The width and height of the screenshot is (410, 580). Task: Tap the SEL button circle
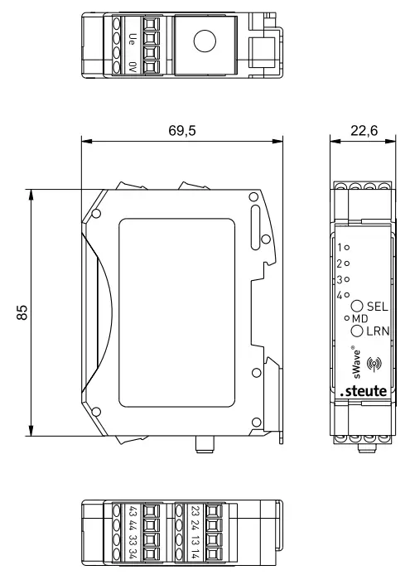point(357,306)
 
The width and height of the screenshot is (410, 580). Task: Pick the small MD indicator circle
point(346,318)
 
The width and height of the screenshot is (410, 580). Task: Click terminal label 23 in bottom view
point(195,510)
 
